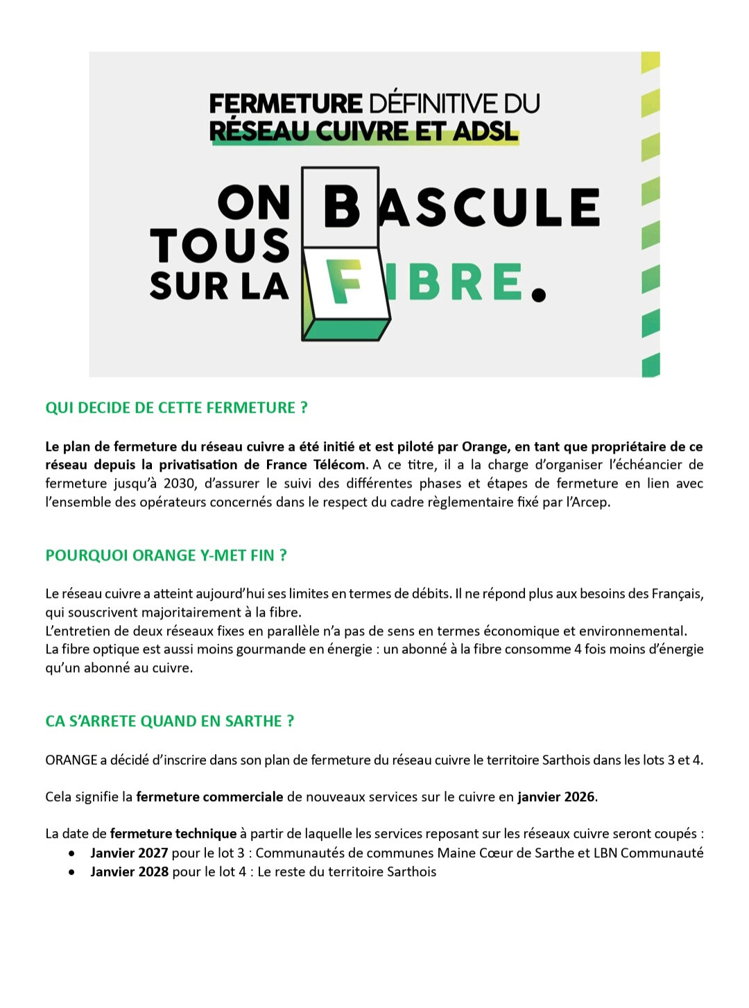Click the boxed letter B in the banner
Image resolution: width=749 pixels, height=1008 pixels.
[341, 207]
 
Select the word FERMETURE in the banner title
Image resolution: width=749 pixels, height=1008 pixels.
[285, 104]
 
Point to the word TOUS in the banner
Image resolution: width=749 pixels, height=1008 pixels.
[219, 246]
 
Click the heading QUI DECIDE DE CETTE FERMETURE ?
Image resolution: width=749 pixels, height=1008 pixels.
[176, 408]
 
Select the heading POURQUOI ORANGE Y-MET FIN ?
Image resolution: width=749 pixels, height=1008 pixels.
[166, 556]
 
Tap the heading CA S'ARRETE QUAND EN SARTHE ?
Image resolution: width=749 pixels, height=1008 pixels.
[169, 721]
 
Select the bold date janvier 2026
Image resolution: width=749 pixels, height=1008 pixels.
[556, 797]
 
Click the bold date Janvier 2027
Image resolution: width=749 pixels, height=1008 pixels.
[129, 853]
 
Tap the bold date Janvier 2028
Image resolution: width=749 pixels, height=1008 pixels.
[129, 872]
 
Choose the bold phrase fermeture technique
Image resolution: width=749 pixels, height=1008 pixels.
[173, 834]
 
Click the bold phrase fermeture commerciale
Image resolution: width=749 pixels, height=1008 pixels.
[209, 797]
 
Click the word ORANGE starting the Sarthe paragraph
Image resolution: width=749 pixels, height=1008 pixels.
[71, 760]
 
